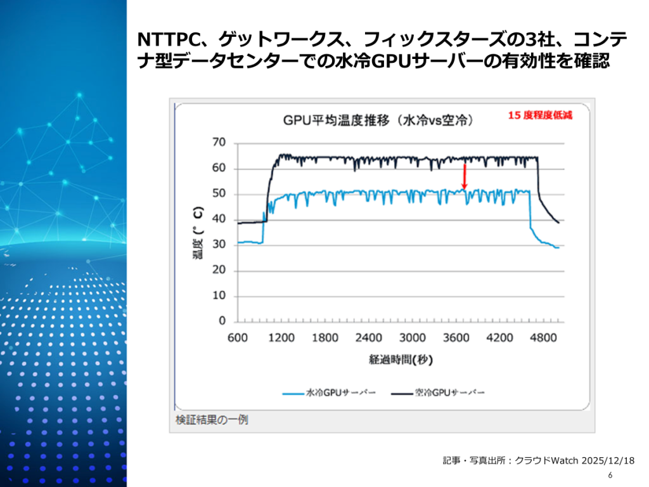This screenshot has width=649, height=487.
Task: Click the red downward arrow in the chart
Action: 465,176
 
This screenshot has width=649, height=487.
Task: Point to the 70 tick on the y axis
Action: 219,143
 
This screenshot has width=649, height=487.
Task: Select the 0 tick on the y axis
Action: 222,321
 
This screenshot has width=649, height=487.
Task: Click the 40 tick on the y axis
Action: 219,219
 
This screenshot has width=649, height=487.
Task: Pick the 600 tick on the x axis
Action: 237,338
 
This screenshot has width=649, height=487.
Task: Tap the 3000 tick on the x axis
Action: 413,338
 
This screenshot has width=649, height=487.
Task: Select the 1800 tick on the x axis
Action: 325,338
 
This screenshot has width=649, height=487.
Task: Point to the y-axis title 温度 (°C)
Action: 198,233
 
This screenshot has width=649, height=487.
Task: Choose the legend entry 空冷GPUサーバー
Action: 450,394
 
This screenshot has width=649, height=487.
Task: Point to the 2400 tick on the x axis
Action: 369,338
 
